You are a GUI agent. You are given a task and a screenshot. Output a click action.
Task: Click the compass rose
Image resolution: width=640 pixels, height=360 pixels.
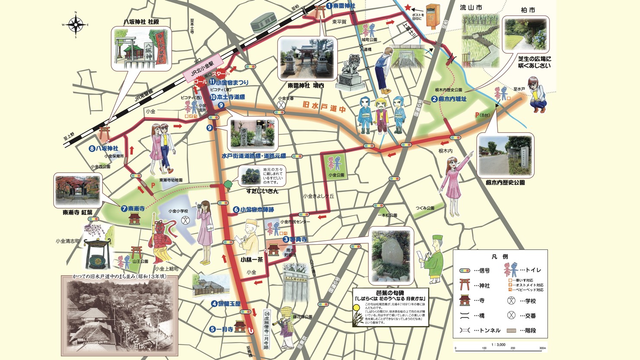[76, 25]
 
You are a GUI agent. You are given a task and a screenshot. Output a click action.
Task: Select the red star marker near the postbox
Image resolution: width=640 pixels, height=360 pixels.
[407, 8]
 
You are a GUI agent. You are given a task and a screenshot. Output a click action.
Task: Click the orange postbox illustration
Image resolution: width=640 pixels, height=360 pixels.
[432, 16]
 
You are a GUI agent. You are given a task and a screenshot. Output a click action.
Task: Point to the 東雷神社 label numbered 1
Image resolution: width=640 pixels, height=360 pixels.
[341, 6]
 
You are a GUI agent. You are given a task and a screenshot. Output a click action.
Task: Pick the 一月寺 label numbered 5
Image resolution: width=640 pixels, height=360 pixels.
[221, 329]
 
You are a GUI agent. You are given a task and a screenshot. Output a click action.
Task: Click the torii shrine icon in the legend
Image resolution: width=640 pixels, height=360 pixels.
[465, 285]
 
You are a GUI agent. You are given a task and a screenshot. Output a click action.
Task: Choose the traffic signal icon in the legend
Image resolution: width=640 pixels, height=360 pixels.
[465, 271]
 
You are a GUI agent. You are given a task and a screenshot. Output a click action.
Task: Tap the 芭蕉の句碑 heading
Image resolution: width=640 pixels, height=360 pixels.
[391, 293]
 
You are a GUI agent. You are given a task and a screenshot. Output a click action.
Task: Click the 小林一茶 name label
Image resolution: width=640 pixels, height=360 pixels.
[252, 260]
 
